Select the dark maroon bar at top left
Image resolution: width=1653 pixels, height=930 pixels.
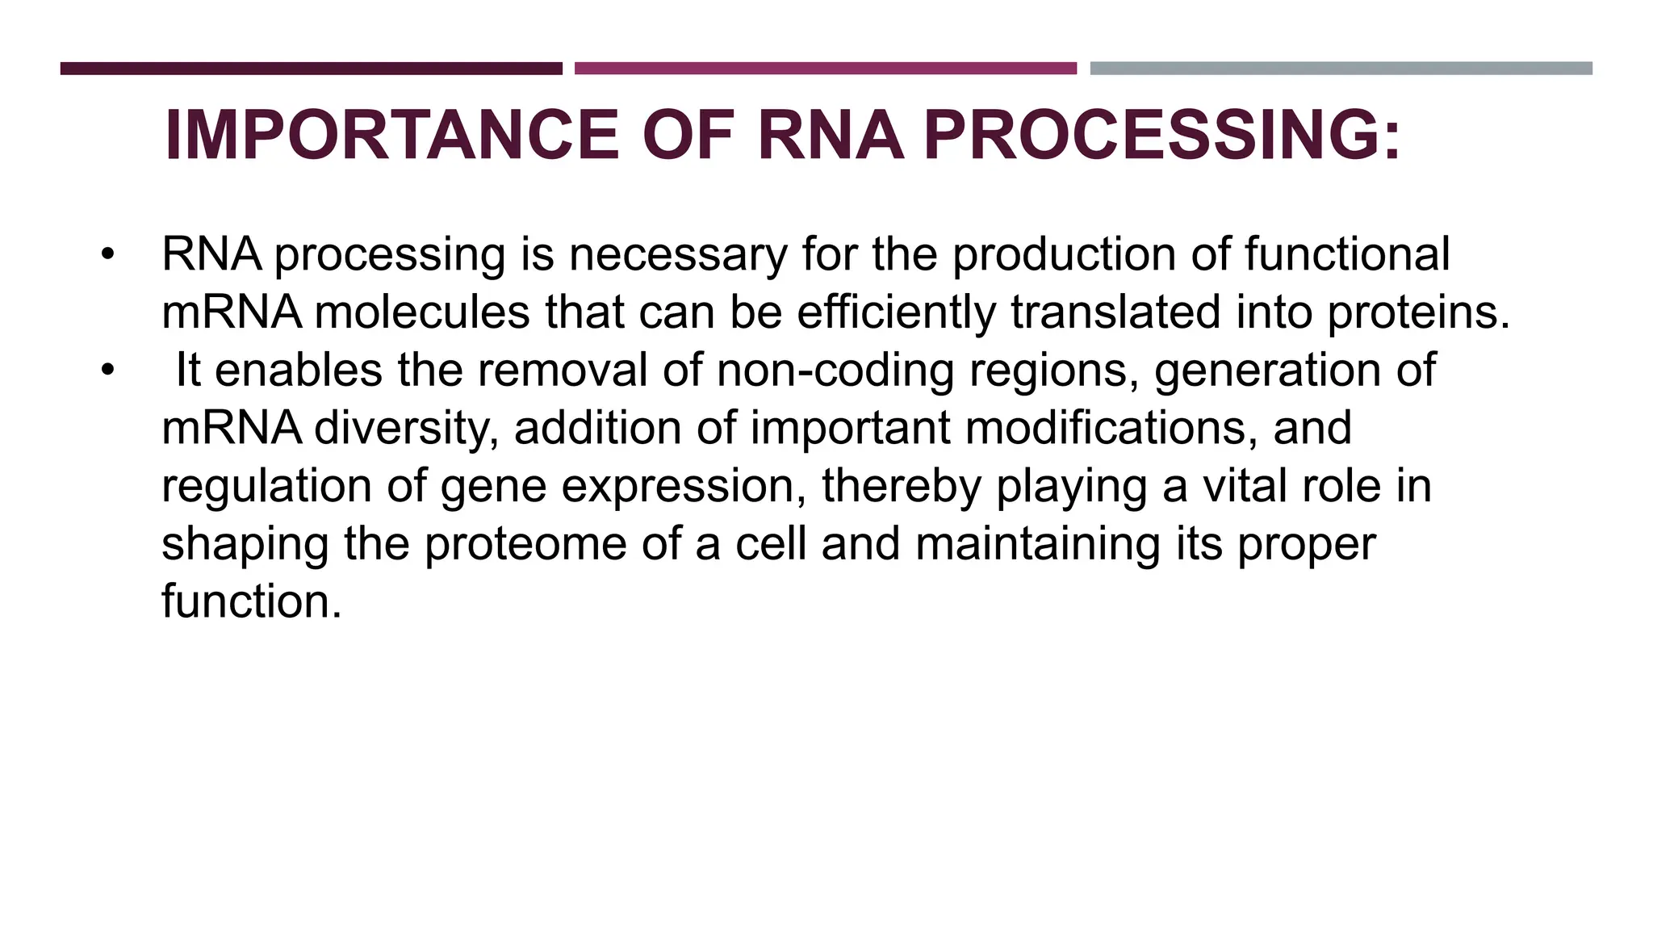(x=311, y=69)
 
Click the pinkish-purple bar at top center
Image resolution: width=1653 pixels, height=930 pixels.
(x=825, y=69)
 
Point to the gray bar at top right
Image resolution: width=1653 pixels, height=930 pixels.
(x=1341, y=69)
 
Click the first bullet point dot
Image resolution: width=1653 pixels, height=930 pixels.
(x=108, y=255)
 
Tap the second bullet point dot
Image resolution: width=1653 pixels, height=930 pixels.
(x=108, y=371)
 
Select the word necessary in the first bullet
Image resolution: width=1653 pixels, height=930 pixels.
(x=678, y=255)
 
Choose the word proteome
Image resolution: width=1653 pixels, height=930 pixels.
(x=525, y=545)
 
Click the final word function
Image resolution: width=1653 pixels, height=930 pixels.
(x=251, y=602)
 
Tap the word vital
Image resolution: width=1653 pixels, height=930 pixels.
(x=1244, y=487)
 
